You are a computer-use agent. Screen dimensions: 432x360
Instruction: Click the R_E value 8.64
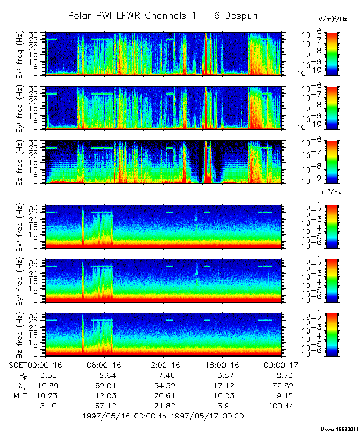107,375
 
